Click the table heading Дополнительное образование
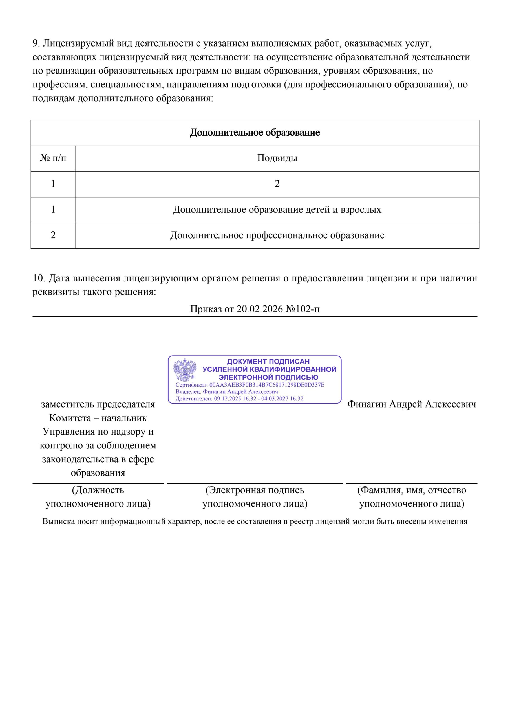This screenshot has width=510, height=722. click(x=255, y=132)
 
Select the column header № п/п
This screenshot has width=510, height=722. click(x=53, y=158)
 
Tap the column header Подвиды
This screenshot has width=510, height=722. click(x=277, y=158)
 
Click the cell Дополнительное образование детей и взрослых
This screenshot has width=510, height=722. click(x=277, y=210)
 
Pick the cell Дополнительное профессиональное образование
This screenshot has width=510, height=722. click(x=277, y=235)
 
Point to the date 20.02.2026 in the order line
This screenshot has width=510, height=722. click(x=259, y=309)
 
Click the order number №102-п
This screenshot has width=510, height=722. click(x=303, y=309)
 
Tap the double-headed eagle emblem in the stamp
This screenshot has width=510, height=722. click(x=185, y=370)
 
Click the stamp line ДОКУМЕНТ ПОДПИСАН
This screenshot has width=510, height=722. click(x=268, y=361)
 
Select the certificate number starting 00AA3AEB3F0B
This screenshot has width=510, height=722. click(x=267, y=385)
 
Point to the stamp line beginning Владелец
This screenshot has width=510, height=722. click(x=227, y=392)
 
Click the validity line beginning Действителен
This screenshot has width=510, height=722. click(x=239, y=399)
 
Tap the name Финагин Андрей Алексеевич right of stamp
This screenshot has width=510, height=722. click(x=411, y=404)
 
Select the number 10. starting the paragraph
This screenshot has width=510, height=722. click(x=39, y=278)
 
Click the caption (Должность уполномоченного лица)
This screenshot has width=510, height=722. click(x=98, y=497)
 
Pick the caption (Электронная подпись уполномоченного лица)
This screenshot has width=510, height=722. click(x=255, y=497)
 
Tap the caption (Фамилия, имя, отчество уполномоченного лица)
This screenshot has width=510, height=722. click(x=411, y=497)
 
